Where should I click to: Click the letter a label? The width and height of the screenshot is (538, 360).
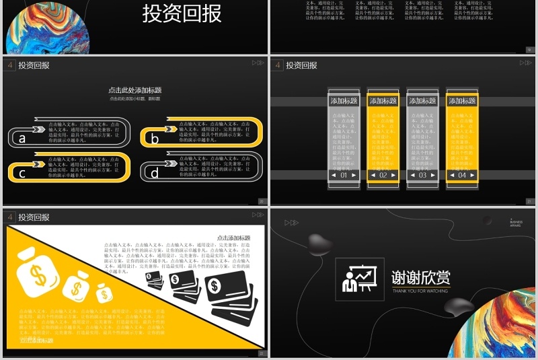coord(22,139)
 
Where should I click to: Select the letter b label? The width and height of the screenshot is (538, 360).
coord(155,139)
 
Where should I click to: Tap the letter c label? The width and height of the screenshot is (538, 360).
coord(22,174)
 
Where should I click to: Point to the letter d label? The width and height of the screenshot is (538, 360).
coord(155,174)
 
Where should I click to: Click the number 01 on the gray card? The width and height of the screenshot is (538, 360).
coord(344,175)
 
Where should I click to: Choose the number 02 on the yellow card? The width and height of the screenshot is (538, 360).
coord(383,175)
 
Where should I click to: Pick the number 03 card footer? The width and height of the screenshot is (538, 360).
coord(422,175)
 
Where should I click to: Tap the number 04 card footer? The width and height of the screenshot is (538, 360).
coord(462,175)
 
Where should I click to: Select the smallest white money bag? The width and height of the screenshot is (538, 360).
coord(104,293)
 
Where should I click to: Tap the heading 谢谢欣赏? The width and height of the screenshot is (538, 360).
coord(421,277)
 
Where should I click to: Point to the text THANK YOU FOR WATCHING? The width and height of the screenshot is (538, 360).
coord(421,290)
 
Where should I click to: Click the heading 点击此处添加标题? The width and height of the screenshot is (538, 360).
coord(134,90)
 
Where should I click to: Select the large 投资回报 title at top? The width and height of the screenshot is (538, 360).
coord(182,13)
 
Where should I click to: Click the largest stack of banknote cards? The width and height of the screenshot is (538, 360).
coord(232,296)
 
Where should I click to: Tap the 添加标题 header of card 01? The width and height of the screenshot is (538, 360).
coord(344,101)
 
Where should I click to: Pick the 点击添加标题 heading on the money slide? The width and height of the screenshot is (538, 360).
coord(233,238)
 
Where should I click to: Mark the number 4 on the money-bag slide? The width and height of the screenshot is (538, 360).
coord(10,217)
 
